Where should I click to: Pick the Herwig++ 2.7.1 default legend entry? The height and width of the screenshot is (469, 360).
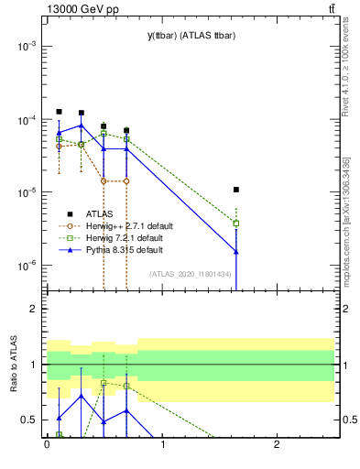128,225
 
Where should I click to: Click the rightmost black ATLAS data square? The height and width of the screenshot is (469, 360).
236,190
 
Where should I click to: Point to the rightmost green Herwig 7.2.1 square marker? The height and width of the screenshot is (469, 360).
236,223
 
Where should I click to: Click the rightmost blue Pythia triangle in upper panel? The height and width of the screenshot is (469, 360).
236,251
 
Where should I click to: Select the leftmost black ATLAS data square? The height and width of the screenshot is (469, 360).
59,112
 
